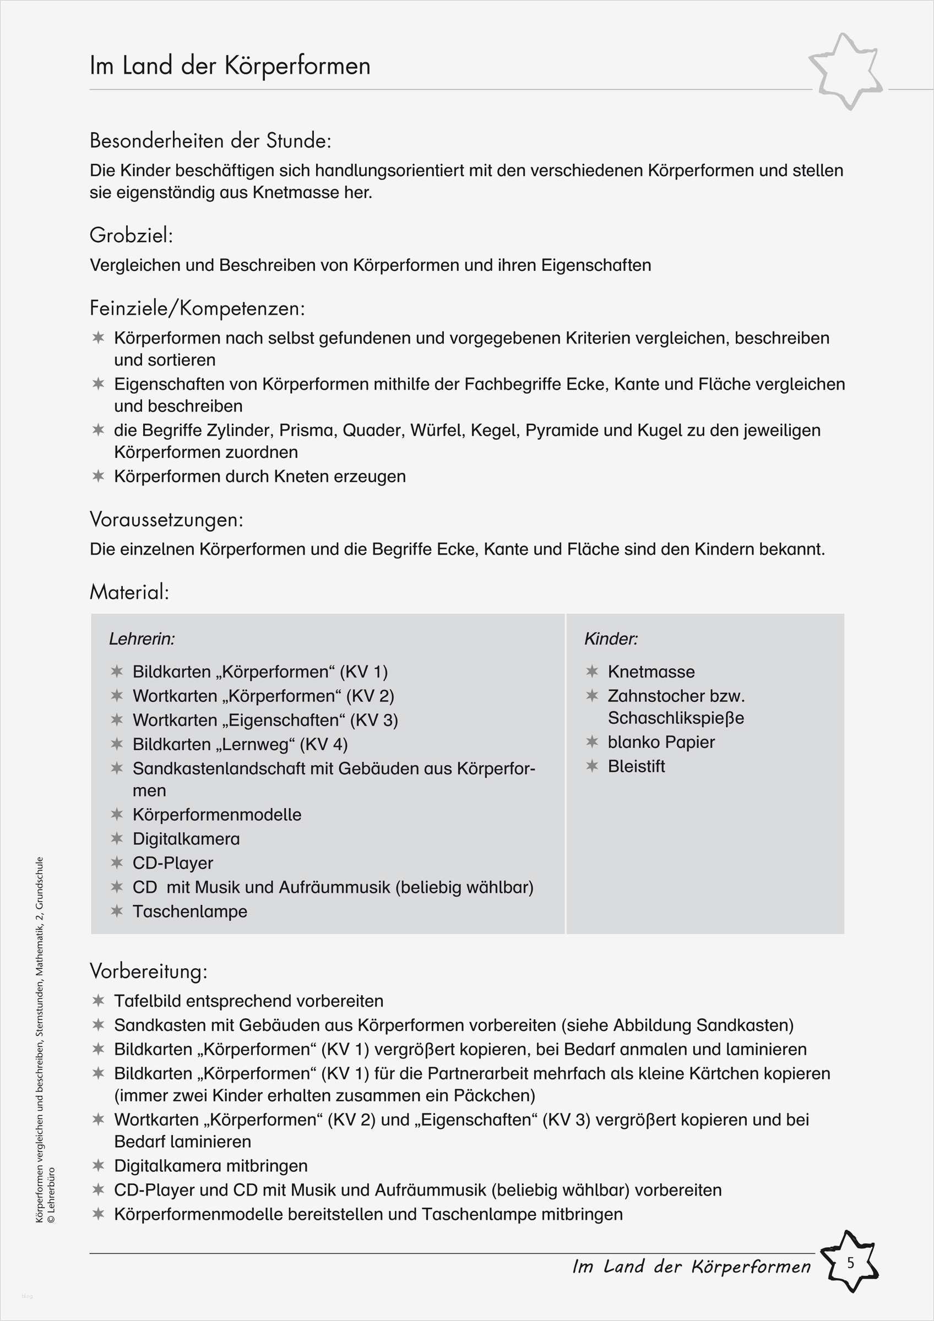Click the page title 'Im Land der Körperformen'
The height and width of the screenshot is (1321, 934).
click(230, 65)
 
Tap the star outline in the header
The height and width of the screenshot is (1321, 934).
click(845, 72)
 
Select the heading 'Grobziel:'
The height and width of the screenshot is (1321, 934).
click(131, 236)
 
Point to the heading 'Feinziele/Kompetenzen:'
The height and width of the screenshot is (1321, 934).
click(197, 308)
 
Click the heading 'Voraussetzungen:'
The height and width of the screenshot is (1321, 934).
click(166, 520)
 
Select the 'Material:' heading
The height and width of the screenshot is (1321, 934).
click(129, 592)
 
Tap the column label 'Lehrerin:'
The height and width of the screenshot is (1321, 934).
click(142, 638)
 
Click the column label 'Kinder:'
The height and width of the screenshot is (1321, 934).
click(611, 638)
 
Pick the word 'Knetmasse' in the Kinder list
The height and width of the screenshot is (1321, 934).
click(651, 672)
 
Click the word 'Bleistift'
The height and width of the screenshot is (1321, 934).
click(636, 766)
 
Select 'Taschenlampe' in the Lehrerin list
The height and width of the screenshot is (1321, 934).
click(190, 911)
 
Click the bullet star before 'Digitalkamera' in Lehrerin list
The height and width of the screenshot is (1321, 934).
click(117, 839)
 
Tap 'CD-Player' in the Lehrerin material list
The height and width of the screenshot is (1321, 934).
click(172, 863)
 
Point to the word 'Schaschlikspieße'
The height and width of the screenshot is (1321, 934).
click(676, 718)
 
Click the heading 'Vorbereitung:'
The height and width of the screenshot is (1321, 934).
click(149, 971)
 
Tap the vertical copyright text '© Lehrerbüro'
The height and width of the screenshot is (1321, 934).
click(51, 1194)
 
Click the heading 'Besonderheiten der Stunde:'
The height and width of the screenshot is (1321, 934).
click(210, 141)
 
